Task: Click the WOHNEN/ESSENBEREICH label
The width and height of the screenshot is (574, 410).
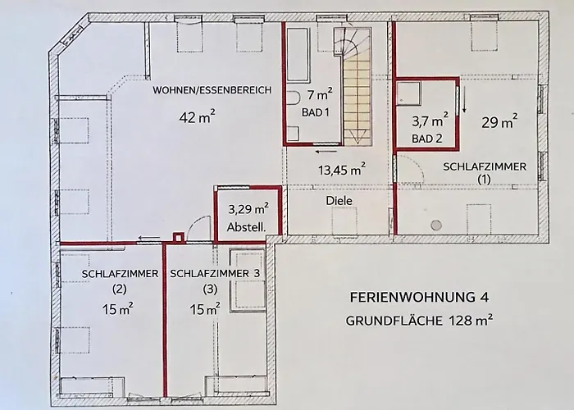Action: pyautogui.click(x=212, y=90)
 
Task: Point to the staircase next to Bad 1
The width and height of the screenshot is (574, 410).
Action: pyautogui.click(x=357, y=82)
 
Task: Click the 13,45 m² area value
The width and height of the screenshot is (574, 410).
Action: pyautogui.click(x=341, y=170)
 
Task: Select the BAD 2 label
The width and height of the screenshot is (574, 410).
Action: pyautogui.click(x=426, y=138)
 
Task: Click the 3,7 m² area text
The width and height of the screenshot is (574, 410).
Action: pyautogui.click(x=430, y=120)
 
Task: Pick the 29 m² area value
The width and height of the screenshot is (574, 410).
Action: pyautogui.click(x=499, y=123)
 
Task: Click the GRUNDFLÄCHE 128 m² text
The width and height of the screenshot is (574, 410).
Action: pyautogui.click(x=421, y=321)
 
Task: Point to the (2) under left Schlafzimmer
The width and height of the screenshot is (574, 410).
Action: pyautogui.click(x=119, y=289)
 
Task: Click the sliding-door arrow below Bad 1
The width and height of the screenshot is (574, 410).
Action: pyautogui.click(x=325, y=151)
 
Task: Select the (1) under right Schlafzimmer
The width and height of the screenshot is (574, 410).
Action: pyautogui.click(x=484, y=180)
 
